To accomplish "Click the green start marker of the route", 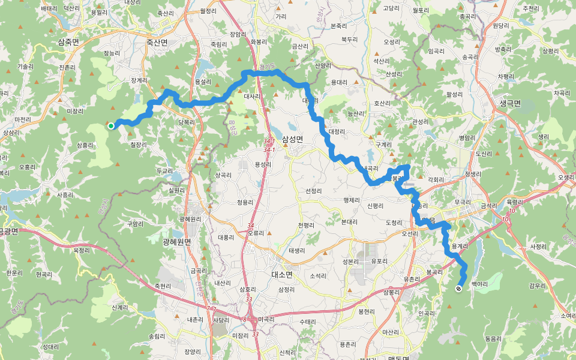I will (x=111, y=125).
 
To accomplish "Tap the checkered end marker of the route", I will (x=458, y=289).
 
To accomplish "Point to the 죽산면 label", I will (x=157, y=42).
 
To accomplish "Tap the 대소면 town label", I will (x=281, y=274).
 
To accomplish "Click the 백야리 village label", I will (x=479, y=283).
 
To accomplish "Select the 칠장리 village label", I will (x=138, y=144).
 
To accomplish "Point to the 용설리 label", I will (x=203, y=82).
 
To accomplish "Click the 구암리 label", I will (x=135, y=223).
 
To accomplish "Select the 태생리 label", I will (x=298, y=251).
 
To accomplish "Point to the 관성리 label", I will (x=421, y=122).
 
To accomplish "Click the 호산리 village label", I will (x=382, y=103).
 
